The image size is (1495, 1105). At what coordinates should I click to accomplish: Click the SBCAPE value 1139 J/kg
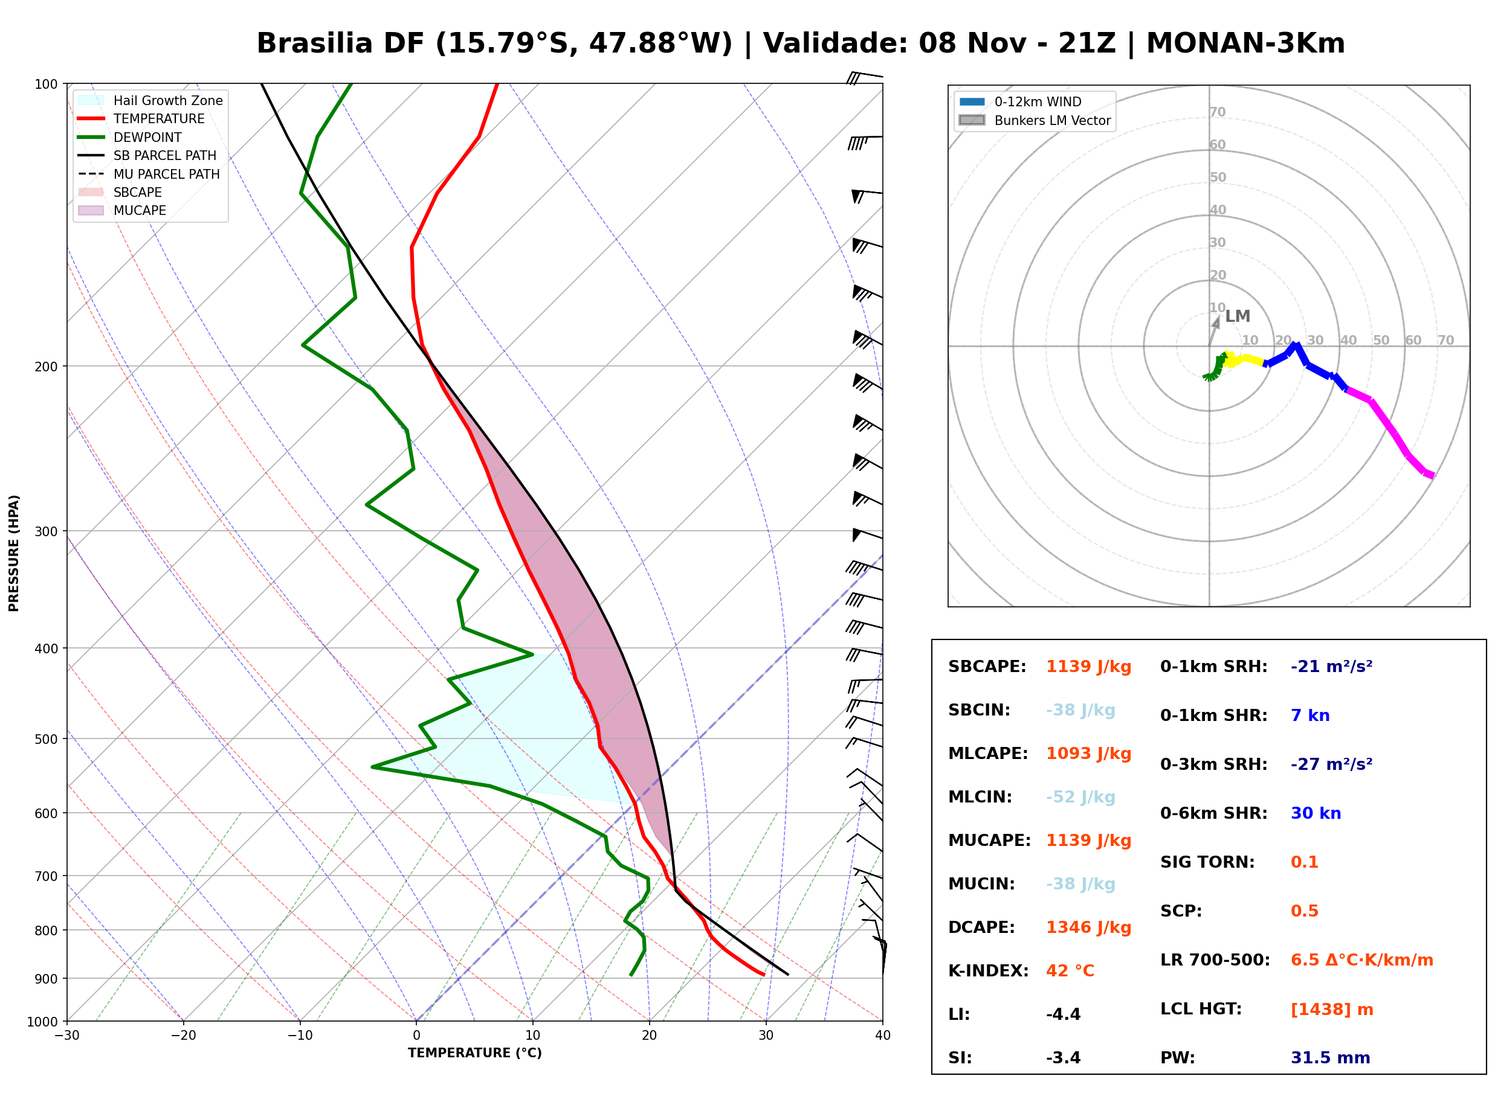(1089, 667)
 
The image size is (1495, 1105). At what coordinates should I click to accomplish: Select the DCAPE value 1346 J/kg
(1089, 927)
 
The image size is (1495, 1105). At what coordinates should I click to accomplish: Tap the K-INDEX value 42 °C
(1070, 971)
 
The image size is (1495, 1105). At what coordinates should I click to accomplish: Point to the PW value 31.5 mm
(1331, 1058)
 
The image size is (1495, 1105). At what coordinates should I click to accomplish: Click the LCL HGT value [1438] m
(1332, 1010)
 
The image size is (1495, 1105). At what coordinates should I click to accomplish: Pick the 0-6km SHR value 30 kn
(1316, 813)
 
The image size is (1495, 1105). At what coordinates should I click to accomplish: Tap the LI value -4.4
(1064, 1014)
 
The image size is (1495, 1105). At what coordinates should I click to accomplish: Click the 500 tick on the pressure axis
(45, 739)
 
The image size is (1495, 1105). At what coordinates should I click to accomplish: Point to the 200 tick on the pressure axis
(45, 367)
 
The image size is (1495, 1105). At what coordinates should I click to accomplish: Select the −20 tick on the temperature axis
(182, 1036)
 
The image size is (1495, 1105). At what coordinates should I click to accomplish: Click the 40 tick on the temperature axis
(883, 1036)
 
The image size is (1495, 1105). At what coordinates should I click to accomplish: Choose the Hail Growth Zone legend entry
(150, 100)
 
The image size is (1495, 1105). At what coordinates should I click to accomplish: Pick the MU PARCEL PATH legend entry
(149, 174)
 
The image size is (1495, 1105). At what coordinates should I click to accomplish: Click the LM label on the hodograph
(1238, 316)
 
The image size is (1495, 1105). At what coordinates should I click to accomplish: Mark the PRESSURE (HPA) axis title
(14, 553)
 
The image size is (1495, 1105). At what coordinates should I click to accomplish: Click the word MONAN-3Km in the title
(1245, 43)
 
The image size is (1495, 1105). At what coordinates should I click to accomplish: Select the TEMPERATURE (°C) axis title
(475, 1053)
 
